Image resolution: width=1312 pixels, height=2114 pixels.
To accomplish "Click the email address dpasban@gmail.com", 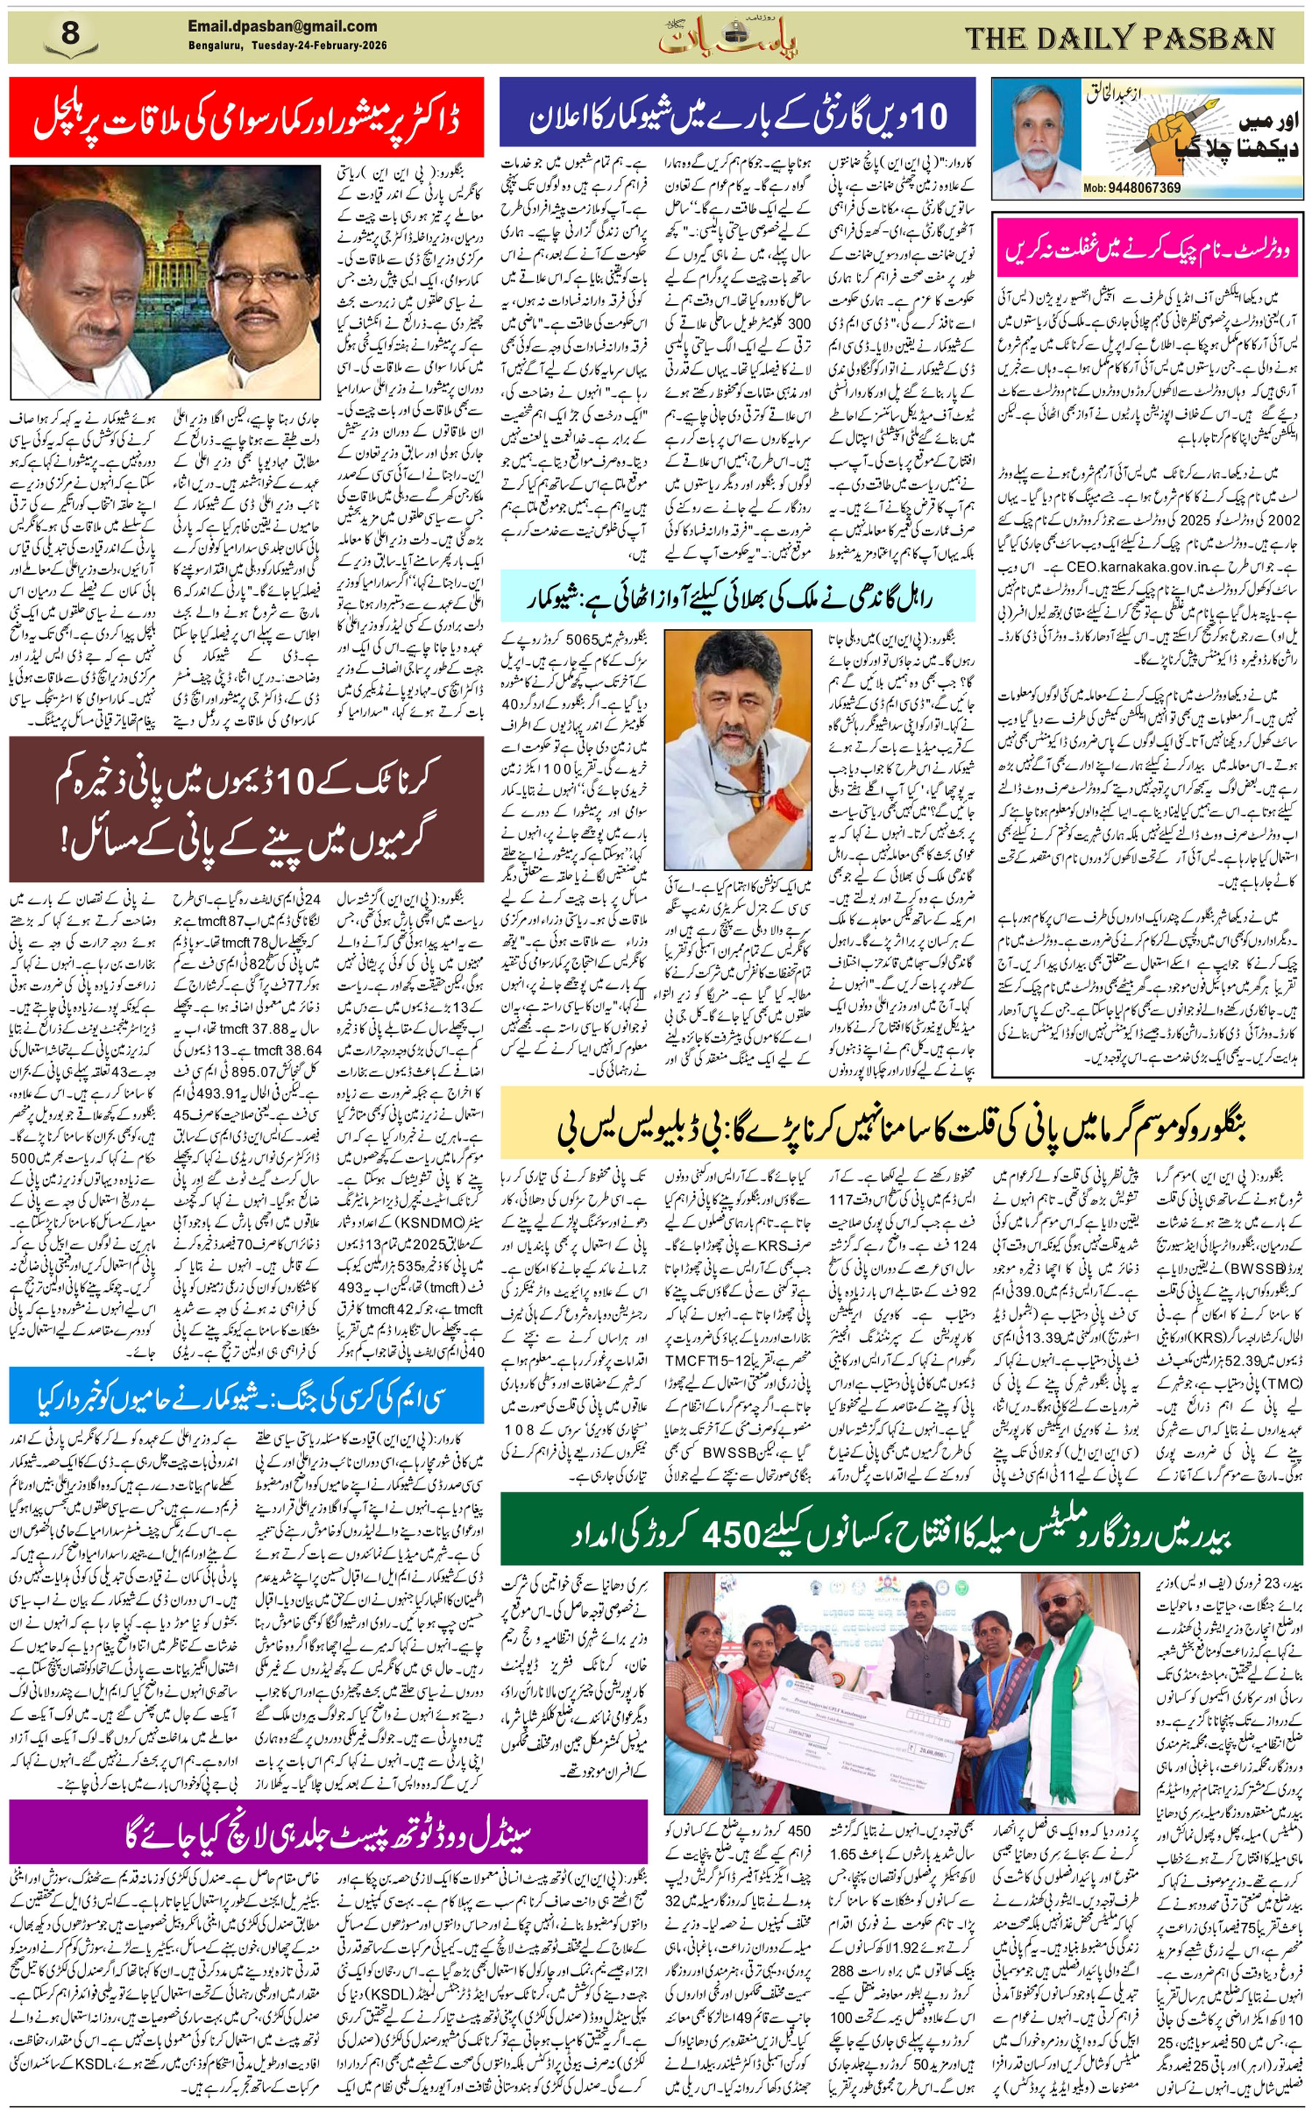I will pyautogui.click(x=282, y=26).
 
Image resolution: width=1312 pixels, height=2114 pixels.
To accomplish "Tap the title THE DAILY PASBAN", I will pyautogui.click(x=1120, y=38).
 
